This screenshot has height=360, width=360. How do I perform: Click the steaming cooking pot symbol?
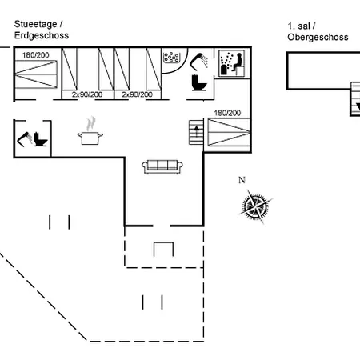tap(90, 131)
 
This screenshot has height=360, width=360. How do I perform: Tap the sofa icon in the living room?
tap(162, 166)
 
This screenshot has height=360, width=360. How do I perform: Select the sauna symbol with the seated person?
tap(232, 63)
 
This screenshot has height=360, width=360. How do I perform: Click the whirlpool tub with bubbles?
tap(171, 57)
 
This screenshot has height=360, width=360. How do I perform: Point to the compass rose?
tap(255, 206)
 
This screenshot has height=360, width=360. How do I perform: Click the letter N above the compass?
tap(242, 180)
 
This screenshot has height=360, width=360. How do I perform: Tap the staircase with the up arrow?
tap(196, 133)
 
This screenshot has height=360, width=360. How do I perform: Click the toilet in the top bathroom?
tap(199, 82)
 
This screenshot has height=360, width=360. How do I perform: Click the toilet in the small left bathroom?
tap(41, 139)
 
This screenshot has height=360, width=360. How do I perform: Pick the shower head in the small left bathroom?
tap(25, 139)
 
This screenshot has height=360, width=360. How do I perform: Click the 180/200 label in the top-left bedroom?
tap(36, 55)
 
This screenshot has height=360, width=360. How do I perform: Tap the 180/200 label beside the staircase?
tap(227, 113)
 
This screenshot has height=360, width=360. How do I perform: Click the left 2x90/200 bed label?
tap(87, 94)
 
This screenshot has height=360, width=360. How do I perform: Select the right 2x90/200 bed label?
tap(138, 94)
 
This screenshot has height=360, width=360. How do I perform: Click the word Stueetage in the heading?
tap(35, 24)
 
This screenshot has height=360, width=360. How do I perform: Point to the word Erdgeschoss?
tap(42, 35)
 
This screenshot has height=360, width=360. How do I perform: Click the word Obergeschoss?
tap(318, 37)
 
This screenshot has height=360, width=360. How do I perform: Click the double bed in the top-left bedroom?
tap(36, 74)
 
